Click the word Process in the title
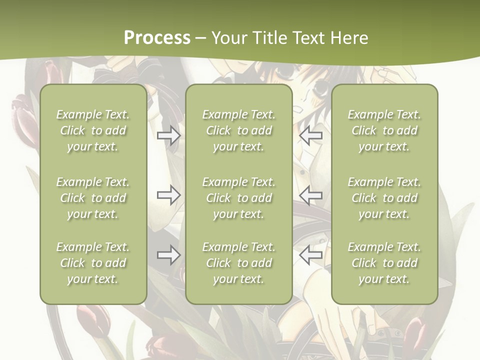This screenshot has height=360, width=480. pos(157,38)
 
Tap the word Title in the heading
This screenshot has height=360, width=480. pos(269,38)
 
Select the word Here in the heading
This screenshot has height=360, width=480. pos(349,38)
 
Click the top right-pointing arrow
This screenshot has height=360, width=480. pos(169,135)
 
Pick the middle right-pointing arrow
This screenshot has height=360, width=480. pos(169,195)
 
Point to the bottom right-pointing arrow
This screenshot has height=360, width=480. pos(169,255)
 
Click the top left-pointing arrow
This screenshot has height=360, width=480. pos(311,135)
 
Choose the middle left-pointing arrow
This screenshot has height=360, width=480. pos(311,195)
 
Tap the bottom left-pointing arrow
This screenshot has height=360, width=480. pos(311,255)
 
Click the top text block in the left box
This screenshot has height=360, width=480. pos(93,130)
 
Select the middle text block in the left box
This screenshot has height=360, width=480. pos(93,198)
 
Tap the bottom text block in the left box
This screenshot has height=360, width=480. pos(93,263)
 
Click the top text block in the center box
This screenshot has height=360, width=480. pos(239,130)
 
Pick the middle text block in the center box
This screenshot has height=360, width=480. pos(239,198)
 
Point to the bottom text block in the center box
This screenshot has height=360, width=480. pos(239,263)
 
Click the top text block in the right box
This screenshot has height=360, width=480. pos(384,130)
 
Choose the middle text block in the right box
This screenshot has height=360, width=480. pos(384,198)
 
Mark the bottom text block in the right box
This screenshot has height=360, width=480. pos(384,263)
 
